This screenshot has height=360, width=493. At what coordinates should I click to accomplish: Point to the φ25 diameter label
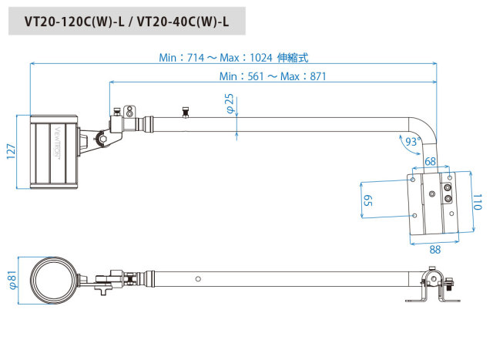[229, 103]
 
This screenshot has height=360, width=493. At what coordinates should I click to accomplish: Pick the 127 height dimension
[10, 152]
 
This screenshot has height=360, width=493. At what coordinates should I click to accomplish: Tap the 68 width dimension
[430, 162]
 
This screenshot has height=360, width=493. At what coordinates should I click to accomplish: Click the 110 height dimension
[477, 204]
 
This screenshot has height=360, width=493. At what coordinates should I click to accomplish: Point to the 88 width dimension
[434, 250]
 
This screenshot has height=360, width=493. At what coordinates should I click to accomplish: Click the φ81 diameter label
[10, 278]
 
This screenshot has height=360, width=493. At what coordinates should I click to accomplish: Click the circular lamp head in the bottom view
[53, 278]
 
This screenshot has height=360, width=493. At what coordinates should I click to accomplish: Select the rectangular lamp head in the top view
[55, 152]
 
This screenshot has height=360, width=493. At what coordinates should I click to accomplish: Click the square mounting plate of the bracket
[432, 204]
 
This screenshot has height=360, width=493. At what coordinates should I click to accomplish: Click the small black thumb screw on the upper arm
[185, 113]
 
